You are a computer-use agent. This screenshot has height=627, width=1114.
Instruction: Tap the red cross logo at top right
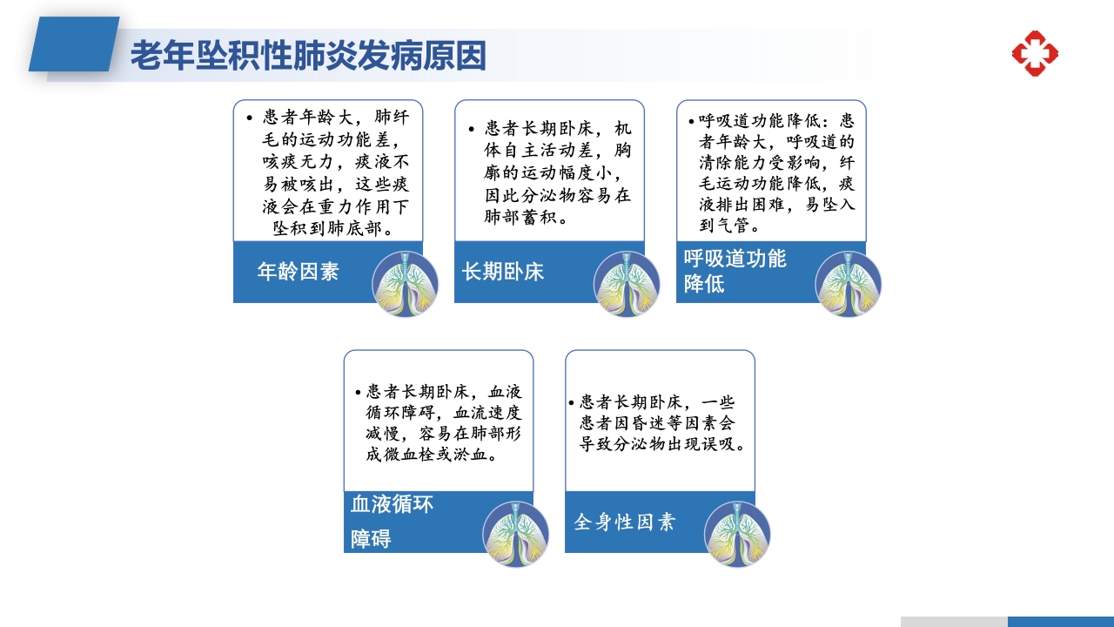point(1034,53)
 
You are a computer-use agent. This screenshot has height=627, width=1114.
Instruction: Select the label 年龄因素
point(298,272)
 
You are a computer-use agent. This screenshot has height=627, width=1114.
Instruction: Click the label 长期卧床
point(503,272)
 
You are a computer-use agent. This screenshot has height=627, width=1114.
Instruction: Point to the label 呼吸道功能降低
point(735,271)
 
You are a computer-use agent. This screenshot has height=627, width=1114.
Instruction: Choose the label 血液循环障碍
point(391,521)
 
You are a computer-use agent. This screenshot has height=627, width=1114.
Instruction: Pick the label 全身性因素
point(624,522)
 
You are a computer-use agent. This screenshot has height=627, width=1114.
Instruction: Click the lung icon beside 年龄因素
point(405,284)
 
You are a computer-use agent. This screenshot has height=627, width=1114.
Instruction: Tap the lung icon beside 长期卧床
point(627,284)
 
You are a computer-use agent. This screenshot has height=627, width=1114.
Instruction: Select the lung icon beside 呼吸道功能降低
point(848,284)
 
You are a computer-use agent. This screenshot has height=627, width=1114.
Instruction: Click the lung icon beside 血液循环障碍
point(515,534)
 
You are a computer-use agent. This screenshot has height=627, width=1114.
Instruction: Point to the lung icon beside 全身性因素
point(737,534)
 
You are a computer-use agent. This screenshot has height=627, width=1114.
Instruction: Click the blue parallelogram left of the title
point(74,44)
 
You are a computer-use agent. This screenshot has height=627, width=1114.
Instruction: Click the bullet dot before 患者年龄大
point(250,118)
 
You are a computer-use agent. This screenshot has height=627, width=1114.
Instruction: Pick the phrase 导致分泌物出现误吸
point(661,443)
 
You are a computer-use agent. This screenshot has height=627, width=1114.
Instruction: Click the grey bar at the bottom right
point(954,622)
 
